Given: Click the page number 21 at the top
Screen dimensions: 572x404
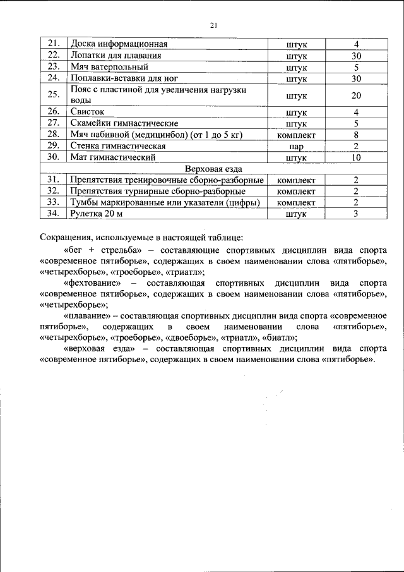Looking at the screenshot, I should [x=213, y=25].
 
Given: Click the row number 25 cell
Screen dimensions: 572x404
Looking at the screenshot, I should [x=53, y=95].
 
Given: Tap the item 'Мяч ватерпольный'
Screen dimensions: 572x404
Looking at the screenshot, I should [x=109, y=67].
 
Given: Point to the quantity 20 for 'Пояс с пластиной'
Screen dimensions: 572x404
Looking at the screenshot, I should [x=356, y=95].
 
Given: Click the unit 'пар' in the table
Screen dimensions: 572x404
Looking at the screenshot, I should [x=296, y=146].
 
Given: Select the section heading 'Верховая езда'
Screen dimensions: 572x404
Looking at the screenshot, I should [x=214, y=169].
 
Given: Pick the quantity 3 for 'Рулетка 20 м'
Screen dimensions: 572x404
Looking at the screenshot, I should [x=356, y=214].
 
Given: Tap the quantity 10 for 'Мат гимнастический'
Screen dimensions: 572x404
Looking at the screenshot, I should [x=356, y=157].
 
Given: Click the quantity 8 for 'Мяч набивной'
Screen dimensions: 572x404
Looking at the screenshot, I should [x=356, y=135].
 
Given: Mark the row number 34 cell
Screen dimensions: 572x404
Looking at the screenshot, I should [x=53, y=214].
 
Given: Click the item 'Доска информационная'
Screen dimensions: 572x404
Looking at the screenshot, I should [x=119, y=44].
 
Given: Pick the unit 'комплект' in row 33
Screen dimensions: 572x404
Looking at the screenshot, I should [x=296, y=202].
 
